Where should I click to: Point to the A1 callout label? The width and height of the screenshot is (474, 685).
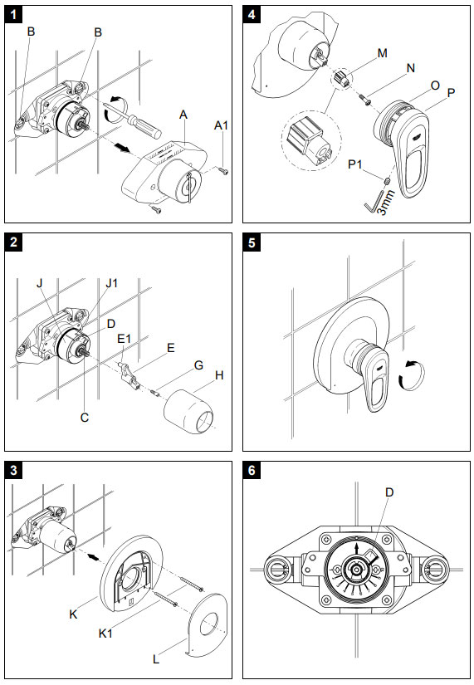click(221, 125)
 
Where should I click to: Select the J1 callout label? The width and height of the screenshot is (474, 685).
click(112, 281)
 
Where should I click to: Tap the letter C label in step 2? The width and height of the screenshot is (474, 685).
click(84, 418)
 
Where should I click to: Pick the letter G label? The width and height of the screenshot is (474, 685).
click(198, 365)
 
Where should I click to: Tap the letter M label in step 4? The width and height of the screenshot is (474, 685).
click(382, 53)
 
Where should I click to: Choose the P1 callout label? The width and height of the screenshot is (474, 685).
click(356, 165)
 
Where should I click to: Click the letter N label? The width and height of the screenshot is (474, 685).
click(411, 69)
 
